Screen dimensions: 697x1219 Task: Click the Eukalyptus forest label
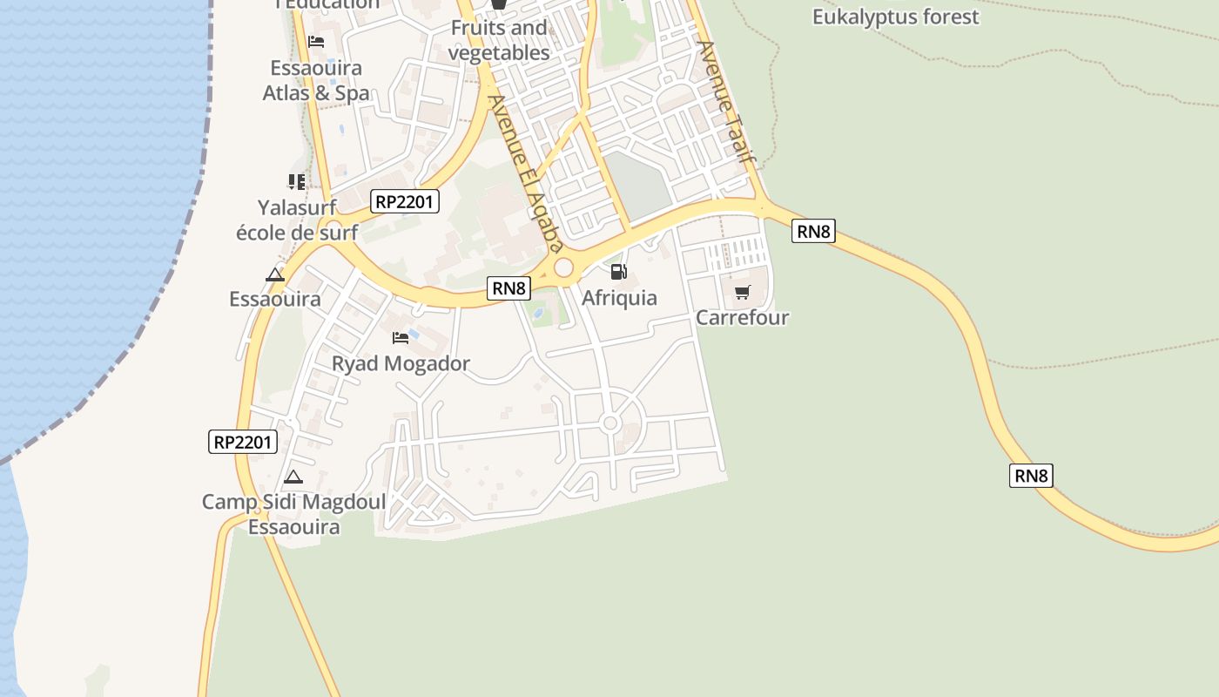click(x=895, y=17)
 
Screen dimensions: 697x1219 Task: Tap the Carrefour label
click(x=742, y=317)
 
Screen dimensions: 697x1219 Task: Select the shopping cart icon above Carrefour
click(x=742, y=292)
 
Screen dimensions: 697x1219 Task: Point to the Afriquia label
click(x=619, y=298)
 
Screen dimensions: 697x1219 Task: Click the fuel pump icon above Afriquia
click(x=618, y=272)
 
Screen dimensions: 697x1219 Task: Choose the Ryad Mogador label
click(x=401, y=363)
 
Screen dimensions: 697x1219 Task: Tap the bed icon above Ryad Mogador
click(x=401, y=337)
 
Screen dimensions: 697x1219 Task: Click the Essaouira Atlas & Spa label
click(x=316, y=80)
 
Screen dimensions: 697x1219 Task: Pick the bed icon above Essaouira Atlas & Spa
click(x=316, y=41)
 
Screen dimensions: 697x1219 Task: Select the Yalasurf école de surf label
click(x=297, y=220)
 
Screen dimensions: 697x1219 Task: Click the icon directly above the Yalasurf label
click(x=297, y=182)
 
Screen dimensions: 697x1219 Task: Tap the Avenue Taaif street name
click(x=726, y=103)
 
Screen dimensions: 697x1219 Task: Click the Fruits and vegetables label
click(x=499, y=40)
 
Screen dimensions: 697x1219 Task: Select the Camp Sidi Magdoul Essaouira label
click(x=293, y=514)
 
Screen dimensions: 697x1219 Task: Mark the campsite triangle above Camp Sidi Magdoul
click(x=293, y=477)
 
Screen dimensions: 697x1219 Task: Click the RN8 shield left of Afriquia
click(x=508, y=288)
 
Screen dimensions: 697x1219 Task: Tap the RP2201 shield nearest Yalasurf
click(x=405, y=202)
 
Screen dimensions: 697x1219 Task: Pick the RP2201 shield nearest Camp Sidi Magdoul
click(x=244, y=442)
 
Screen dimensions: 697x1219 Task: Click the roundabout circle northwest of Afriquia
click(x=564, y=267)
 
